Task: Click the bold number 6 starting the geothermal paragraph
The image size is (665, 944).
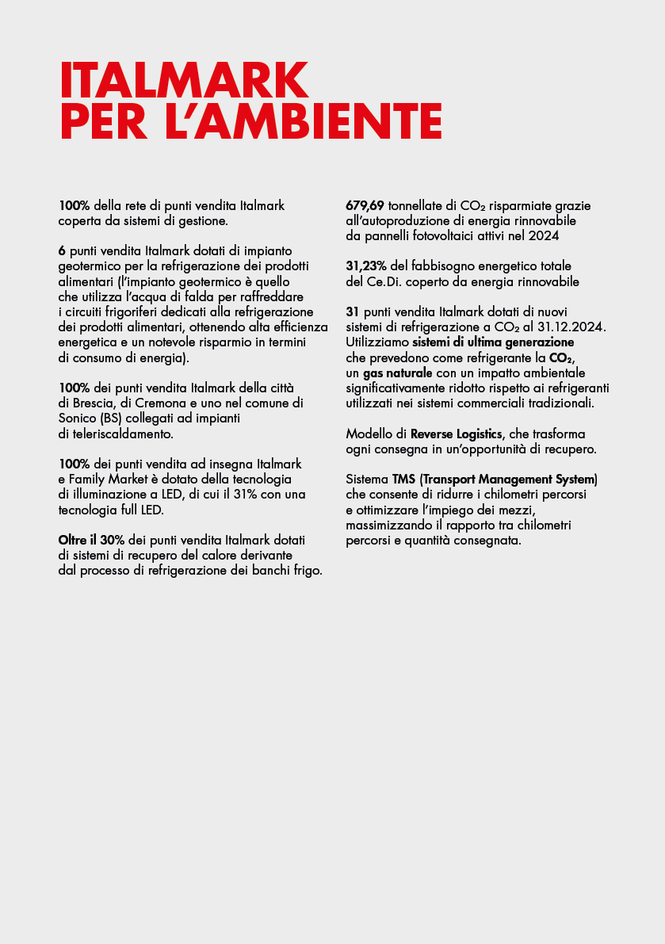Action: coord(62,250)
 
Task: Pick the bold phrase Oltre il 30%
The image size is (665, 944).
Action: coord(91,541)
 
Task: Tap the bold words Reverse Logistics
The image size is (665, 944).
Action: coord(457,434)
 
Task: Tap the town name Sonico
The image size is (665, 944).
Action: coord(79,418)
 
